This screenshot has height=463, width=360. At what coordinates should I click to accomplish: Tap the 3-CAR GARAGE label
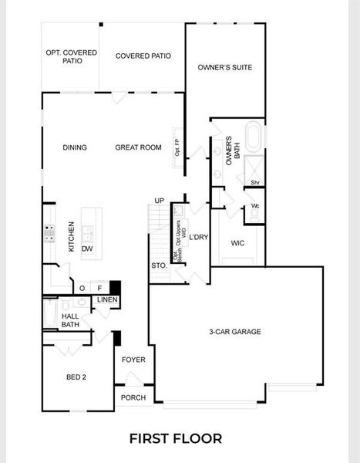pyautogui.click(x=234, y=332)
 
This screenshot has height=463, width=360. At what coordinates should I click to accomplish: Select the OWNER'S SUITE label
pyautogui.click(x=225, y=67)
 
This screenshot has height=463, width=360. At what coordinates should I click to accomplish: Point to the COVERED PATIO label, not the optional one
pyautogui.click(x=143, y=56)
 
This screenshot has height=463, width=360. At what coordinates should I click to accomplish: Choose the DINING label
pyautogui.click(x=75, y=147)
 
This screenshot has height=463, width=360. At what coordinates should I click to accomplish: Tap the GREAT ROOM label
pyautogui.click(x=138, y=147)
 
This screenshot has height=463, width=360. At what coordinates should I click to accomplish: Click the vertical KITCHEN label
pyautogui.click(x=71, y=237)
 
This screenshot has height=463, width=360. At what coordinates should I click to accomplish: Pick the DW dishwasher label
pyautogui.click(x=87, y=248)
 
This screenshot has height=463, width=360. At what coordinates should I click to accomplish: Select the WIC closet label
pyautogui.click(x=237, y=242)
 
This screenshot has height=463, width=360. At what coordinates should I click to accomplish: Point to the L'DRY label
pyautogui.click(x=199, y=237)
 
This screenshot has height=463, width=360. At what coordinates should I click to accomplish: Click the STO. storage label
pyautogui.click(x=159, y=265)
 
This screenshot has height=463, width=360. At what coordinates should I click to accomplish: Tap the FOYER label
pyautogui.click(x=133, y=360)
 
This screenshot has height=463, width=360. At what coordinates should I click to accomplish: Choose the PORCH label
pyautogui.click(x=133, y=397)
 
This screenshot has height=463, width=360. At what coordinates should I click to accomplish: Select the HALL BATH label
pyautogui.click(x=70, y=320)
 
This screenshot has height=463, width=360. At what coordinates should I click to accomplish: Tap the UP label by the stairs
pyautogui.click(x=160, y=201)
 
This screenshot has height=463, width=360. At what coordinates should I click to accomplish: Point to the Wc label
pyautogui.click(x=254, y=206)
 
